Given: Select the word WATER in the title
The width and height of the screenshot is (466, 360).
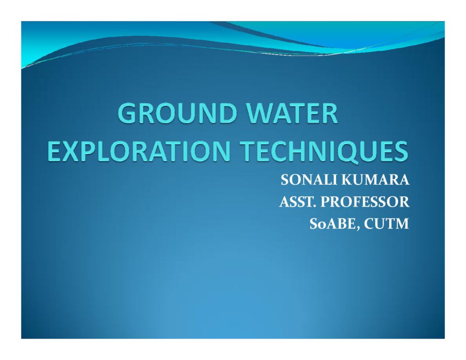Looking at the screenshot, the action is [293, 113].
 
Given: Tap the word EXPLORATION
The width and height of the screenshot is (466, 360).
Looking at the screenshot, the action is [139, 151].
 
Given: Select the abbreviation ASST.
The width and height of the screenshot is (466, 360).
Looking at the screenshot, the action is [298, 202].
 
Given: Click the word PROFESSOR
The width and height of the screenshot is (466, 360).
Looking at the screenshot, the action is [365, 202].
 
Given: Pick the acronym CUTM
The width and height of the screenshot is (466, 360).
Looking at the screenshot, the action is [386, 224].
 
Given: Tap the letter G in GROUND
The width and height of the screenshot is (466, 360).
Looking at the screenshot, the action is [127, 113].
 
